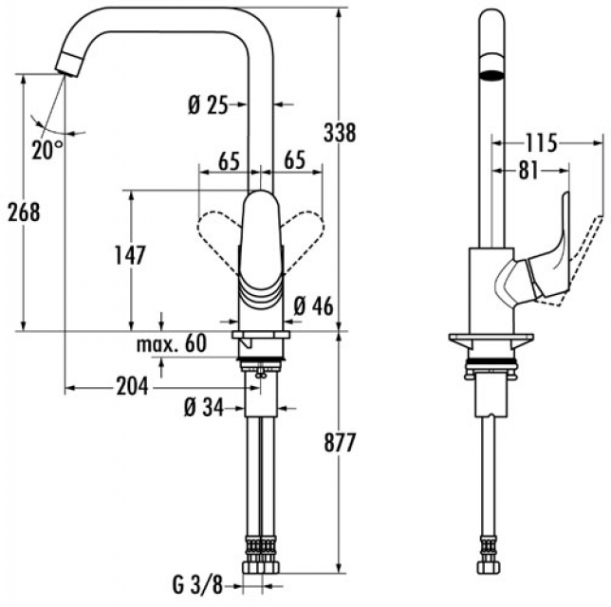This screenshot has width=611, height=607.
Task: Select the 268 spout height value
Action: pos(22,212)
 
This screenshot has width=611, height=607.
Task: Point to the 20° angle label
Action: pos(46,149)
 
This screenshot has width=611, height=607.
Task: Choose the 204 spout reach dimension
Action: pos(131,386)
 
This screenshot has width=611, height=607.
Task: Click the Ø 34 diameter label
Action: pos(202,409)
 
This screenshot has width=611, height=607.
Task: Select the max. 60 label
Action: pos(171,343)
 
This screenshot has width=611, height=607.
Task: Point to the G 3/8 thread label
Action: pos(199,581)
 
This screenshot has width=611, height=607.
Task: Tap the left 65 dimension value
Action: pos(227,161)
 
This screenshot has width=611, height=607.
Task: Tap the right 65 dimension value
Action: pos(293,161)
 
